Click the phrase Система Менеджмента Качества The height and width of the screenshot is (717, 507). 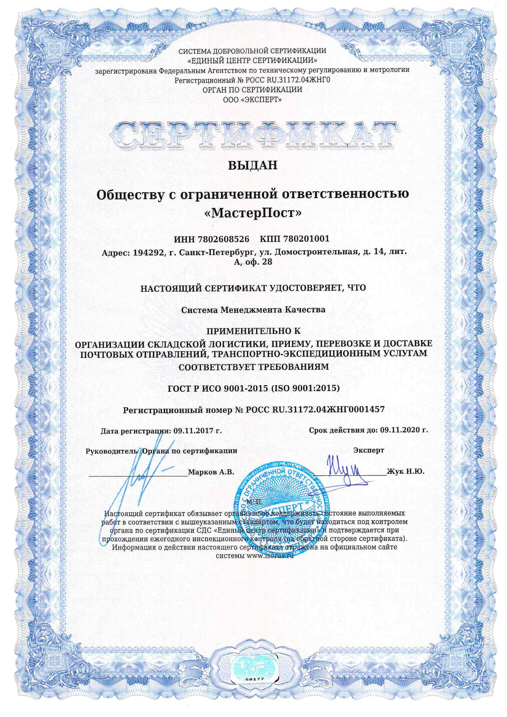point(253,310)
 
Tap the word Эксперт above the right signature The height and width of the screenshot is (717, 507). point(369,450)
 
